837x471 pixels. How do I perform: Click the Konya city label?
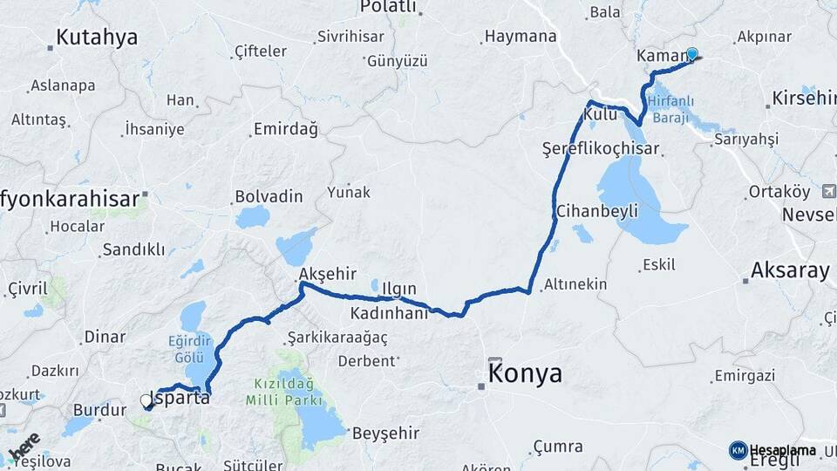(x=525, y=374)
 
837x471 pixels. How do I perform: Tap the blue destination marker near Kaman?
(x=692, y=54)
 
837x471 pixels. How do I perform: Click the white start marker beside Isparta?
(x=146, y=401)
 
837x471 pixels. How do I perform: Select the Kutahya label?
(x=97, y=37)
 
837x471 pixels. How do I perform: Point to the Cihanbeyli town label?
(x=597, y=211)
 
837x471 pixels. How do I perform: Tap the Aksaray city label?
(x=789, y=270)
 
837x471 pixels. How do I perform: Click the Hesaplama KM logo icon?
(x=738, y=450)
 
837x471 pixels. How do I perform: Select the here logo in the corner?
(x=24, y=447)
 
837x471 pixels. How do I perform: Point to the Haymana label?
(x=520, y=37)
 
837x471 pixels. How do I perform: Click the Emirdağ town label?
(x=285, y=129)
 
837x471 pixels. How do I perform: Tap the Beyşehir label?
(x=385, y=433)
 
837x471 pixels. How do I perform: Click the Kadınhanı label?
(x=390, y=312)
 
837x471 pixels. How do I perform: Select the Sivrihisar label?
(x=350, y=37)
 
